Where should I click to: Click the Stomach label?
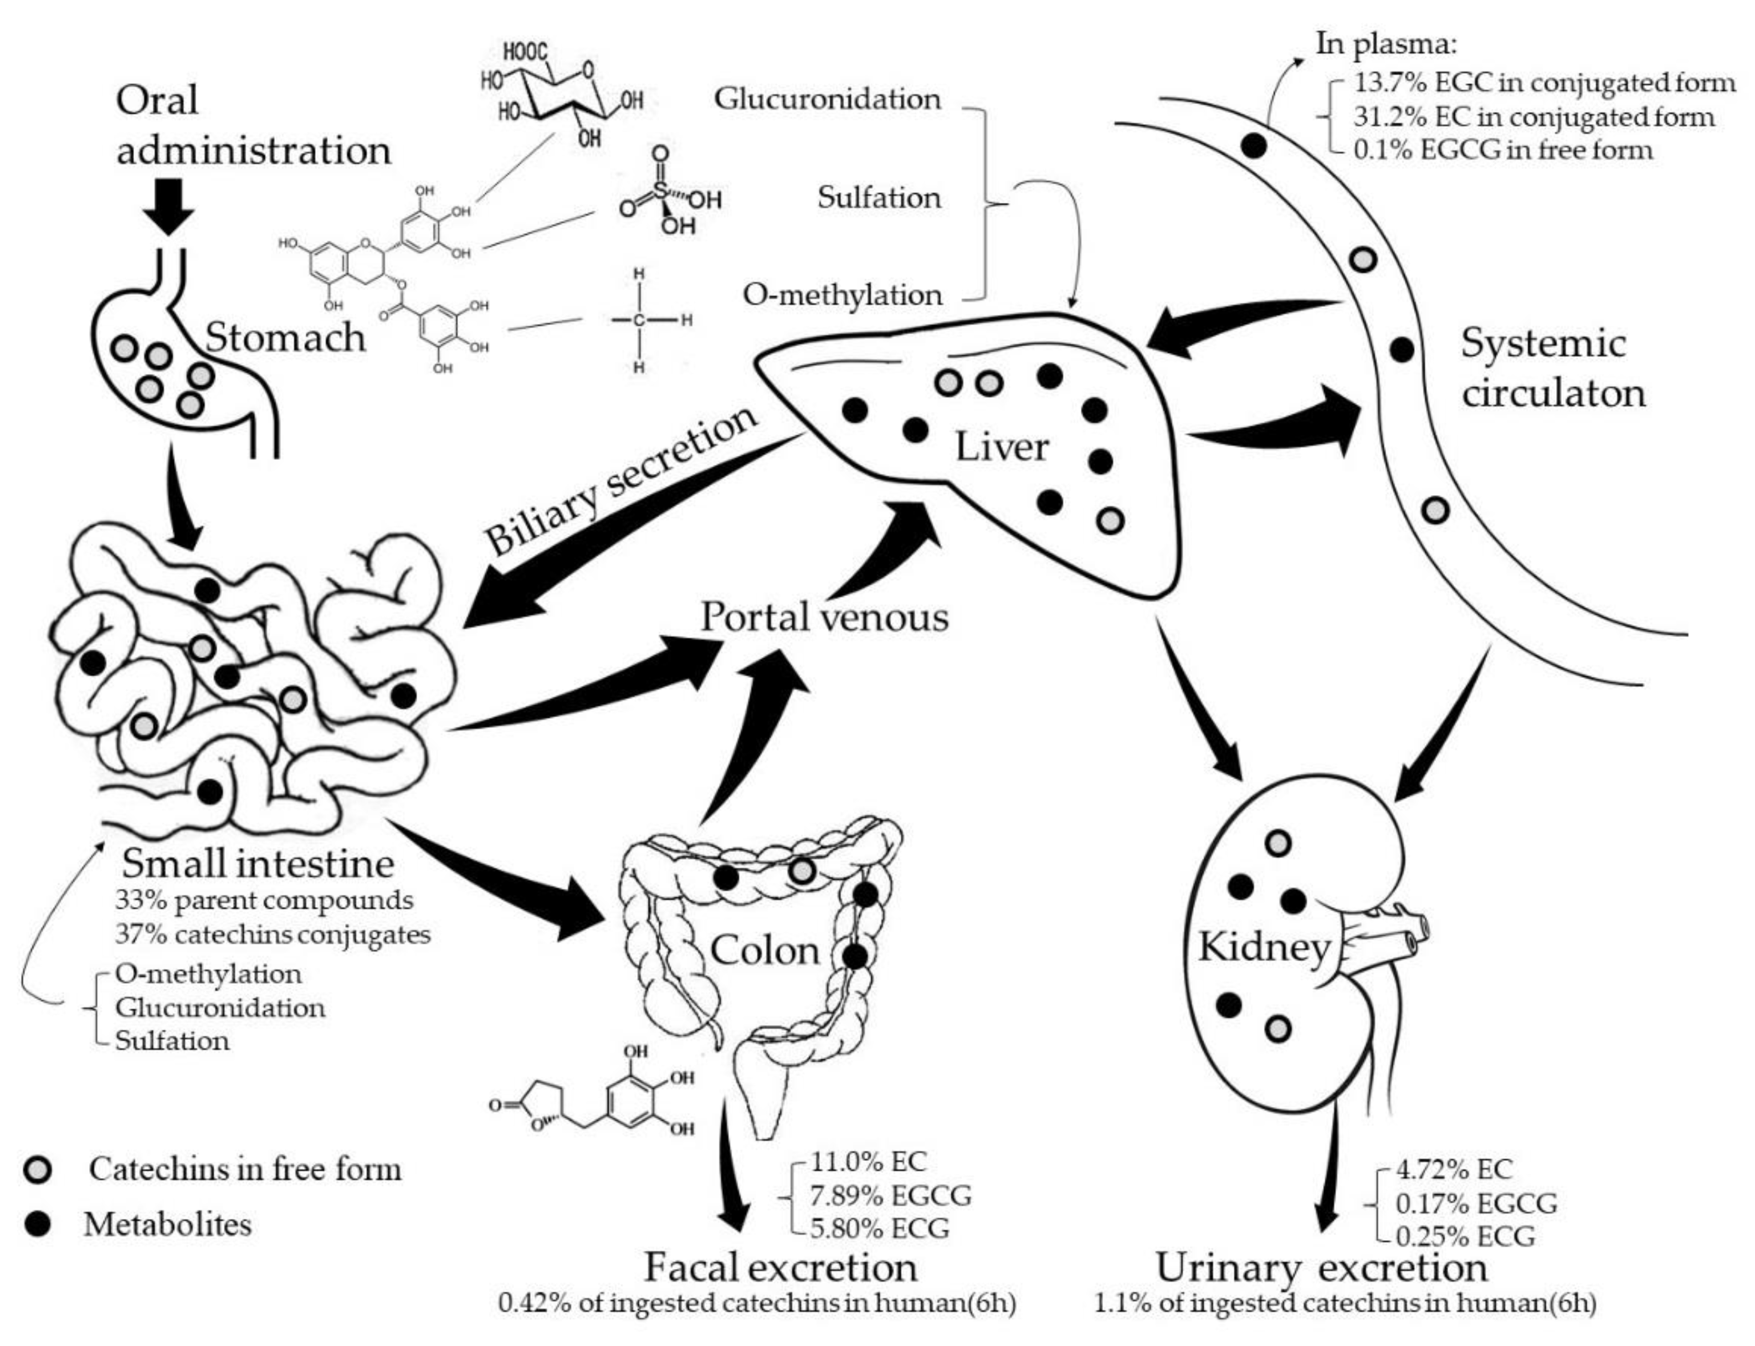click(x=285, y=338)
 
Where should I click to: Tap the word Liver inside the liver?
click(x=1001, y=446)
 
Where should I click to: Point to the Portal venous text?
click(x=825, y=618)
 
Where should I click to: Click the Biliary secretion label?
click(x=621, y=481)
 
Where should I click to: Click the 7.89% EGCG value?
click(x=891, y=1195)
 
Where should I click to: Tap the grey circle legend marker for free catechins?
click(x=38, y=1170)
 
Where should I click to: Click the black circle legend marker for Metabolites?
click(x=38, y=1224)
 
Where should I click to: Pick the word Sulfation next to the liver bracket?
click(x=879, y=197)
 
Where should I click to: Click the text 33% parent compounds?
click(x=264, y=900)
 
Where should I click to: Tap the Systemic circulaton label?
click(x=1552, y=368)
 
